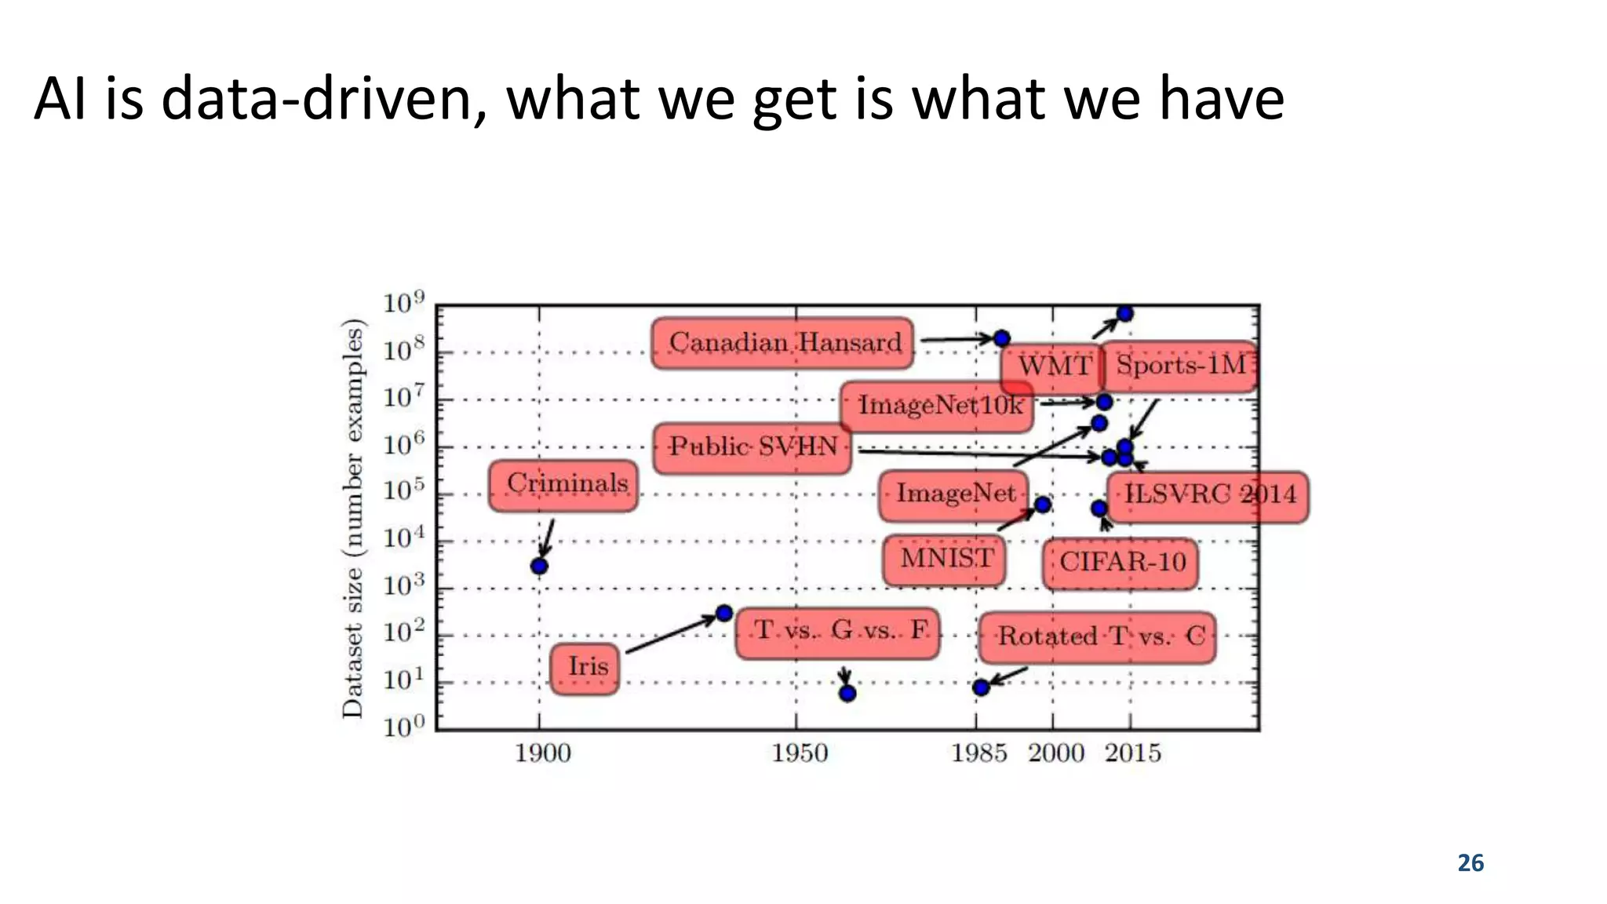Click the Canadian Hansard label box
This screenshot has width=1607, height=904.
pos(782,343)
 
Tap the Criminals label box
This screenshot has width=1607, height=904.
pos(563,486)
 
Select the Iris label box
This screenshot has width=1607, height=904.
pos(585,669)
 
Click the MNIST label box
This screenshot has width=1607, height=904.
pos(944,560)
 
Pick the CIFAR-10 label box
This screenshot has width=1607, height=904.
pos(1121,563)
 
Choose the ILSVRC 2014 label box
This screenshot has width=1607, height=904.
pos(1208,496)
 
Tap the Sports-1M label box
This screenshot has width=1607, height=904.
pos(1179,366)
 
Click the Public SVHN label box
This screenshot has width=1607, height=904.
pos(752,448)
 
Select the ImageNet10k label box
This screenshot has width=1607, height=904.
pos(937,406)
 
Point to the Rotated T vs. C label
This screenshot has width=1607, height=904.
pos(1098,637)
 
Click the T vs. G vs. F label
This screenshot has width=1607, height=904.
pos(838,632)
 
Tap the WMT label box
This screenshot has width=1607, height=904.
pos(1053,366)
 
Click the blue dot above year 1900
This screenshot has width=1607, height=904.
pos(539,566)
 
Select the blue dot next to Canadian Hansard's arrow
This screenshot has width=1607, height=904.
pos(1002,339)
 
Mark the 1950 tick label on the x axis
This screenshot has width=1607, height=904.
pos(799,753)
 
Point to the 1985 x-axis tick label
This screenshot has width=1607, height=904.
pos(978,753)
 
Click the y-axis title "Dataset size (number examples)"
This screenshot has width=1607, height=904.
pos(353,518)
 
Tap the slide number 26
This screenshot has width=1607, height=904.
pos(1470,863)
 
